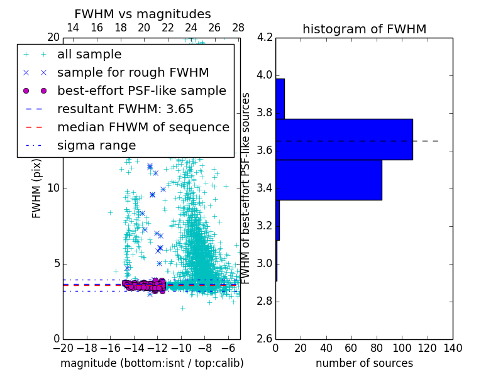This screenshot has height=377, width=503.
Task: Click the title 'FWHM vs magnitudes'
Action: (x=143, y=14)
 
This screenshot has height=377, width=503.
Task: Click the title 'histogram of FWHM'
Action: (x=364, y=29)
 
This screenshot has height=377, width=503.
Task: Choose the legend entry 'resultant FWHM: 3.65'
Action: (x=125, y=109)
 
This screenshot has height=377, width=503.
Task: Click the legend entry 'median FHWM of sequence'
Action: (x=143, y=127)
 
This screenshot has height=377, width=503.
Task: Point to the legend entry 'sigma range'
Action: (x=96, y=145)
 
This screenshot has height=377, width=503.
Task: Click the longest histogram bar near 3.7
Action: (x=344, y=139)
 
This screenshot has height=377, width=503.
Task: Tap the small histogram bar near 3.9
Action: (x=280, y=99)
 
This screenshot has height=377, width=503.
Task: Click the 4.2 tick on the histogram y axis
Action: (x=265, y=38)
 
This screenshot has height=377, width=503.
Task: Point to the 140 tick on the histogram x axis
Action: (x=453, y=348)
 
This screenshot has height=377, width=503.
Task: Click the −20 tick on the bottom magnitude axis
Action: (x=63, y=348)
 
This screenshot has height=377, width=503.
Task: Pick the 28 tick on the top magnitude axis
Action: (x=238, y=28)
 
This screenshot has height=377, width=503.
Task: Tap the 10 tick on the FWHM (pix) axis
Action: (x=54, y=188)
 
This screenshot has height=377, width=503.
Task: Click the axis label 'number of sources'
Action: (x=364, y=363)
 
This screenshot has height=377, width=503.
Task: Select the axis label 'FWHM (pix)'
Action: (x=37, y=188)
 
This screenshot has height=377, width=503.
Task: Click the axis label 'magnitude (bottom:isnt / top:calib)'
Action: (x=152, y=363)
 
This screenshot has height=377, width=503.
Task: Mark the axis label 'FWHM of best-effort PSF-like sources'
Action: (x=246, y=188)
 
